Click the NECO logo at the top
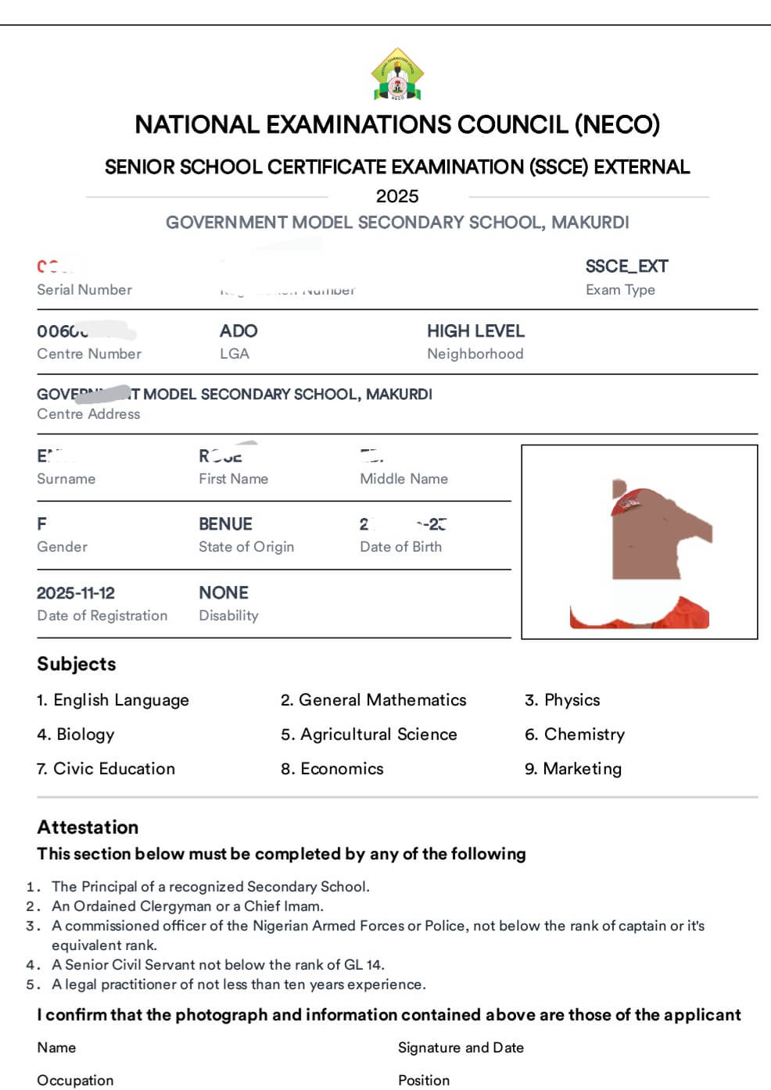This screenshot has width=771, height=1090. click(397, 76)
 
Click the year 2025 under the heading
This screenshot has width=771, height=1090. click(397, 196)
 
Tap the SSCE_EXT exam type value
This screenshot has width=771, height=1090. click(626, 266)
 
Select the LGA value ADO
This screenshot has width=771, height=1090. click(238, 331)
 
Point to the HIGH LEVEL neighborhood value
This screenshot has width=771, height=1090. click(475, 331)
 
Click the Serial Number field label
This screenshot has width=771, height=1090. click(84, 290)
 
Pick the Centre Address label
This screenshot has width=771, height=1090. click(88, 414)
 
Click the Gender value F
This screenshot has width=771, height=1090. click(41, 524)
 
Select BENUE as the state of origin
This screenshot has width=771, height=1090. click(225, 524)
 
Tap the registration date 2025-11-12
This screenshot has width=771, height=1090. click(76, 593)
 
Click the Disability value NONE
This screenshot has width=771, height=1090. click(224, 593)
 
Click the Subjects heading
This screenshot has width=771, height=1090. click(77, 664)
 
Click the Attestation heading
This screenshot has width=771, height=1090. click(88, 827)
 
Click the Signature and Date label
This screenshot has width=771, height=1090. click(461, 1048)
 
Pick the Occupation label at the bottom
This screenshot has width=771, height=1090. click(75, 1081)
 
